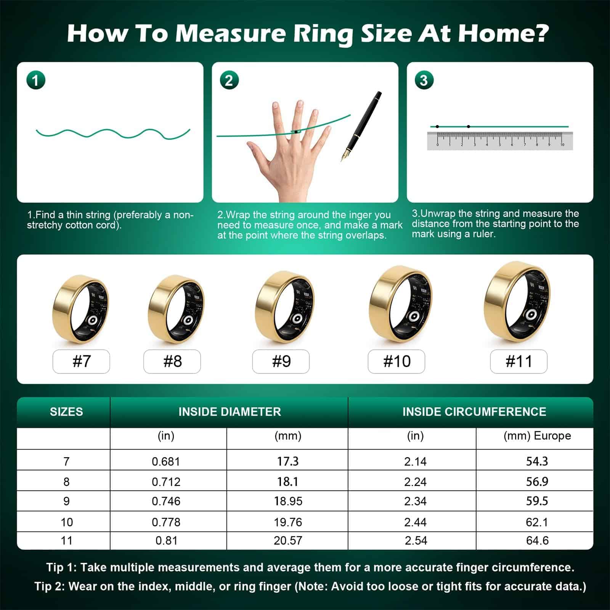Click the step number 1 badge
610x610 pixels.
[x=36, y=80]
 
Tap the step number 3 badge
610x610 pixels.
[x=424, y=80]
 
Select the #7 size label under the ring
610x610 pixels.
[x=81, y=361]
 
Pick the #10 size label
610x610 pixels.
[x=396, y=361]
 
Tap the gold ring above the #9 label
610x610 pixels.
[x=285, y=307]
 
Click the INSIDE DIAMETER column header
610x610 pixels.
[x=230, y=412]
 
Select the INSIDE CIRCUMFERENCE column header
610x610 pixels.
[x=474, y=412]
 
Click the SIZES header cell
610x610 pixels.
[x=66, y=412]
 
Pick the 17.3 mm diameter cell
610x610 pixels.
[x=288, y=461]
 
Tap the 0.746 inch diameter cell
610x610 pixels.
[x=166, y=501]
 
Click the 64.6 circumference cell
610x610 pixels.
[x=537, y=541]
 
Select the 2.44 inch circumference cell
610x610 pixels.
[x=415, y=522]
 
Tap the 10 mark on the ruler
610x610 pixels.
[x=562, y=145]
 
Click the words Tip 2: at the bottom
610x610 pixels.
[x=49, y=586]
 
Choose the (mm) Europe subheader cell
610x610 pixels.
[x=537, y=436]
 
